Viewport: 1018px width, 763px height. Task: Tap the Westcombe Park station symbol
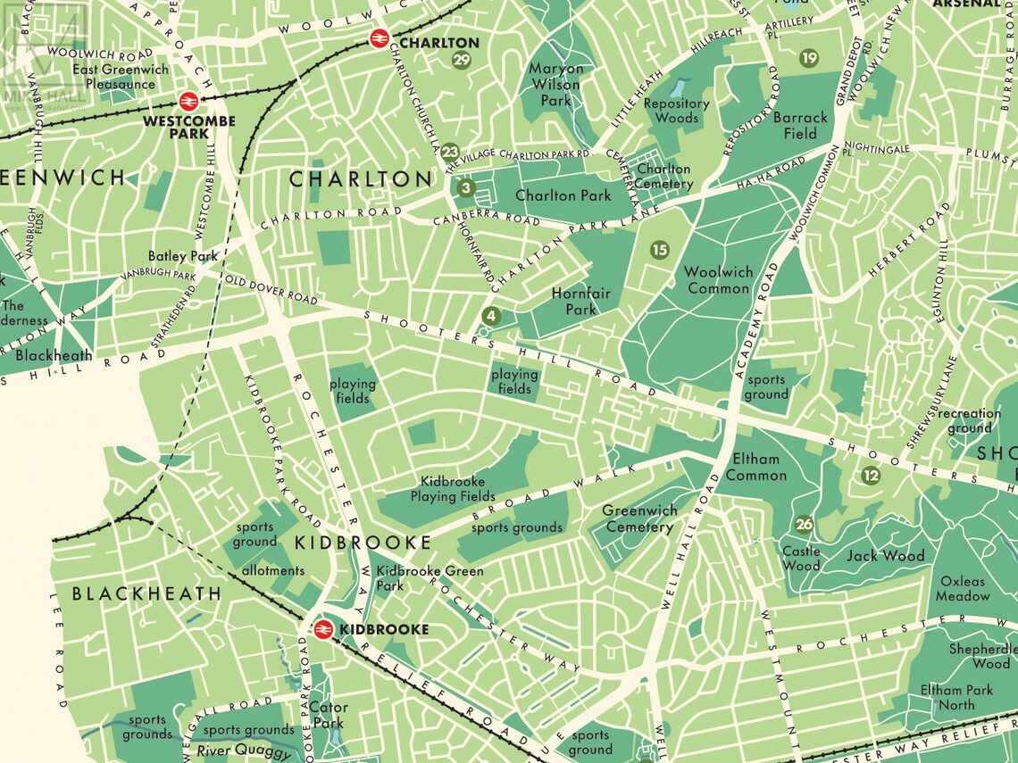click(188, 101)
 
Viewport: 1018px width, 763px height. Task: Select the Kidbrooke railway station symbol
click(323, 629)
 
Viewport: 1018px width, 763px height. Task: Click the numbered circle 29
click(462, 61)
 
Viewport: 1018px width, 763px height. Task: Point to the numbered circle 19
click(809, 58)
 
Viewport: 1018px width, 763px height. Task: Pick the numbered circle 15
click(659, 250)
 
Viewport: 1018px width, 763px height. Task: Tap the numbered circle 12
click(871, 476)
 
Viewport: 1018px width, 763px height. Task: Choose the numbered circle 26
click(804, 525)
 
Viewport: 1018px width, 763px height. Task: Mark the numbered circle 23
click(450, 152)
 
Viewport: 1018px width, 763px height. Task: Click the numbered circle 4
click(490, 315)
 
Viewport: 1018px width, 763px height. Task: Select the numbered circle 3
click(465, 188)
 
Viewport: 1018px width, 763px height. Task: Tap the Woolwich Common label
click(718, 280)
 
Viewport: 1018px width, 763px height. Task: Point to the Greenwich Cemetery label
click(639, 518)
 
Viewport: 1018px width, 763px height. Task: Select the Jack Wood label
click(885, 556)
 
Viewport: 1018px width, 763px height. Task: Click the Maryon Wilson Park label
click(555, 85)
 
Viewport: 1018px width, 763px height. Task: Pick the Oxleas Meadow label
click(963, 588)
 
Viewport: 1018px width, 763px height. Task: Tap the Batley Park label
click(183, 256)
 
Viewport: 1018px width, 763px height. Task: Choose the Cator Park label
click(329, 715)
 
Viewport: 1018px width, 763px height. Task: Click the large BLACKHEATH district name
click(146, 593)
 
